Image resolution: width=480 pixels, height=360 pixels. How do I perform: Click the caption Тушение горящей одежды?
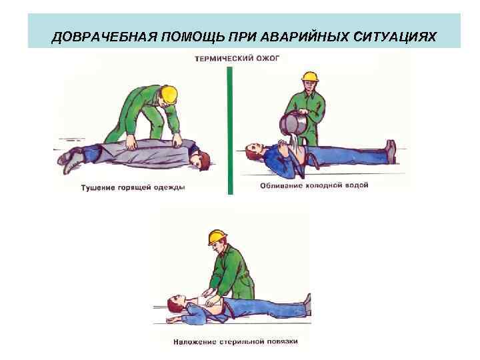(x=133, y=187)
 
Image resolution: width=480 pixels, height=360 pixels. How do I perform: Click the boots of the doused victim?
(x=391, y=151)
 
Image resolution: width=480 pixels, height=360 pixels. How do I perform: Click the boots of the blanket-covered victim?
(x=69, y=159)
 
